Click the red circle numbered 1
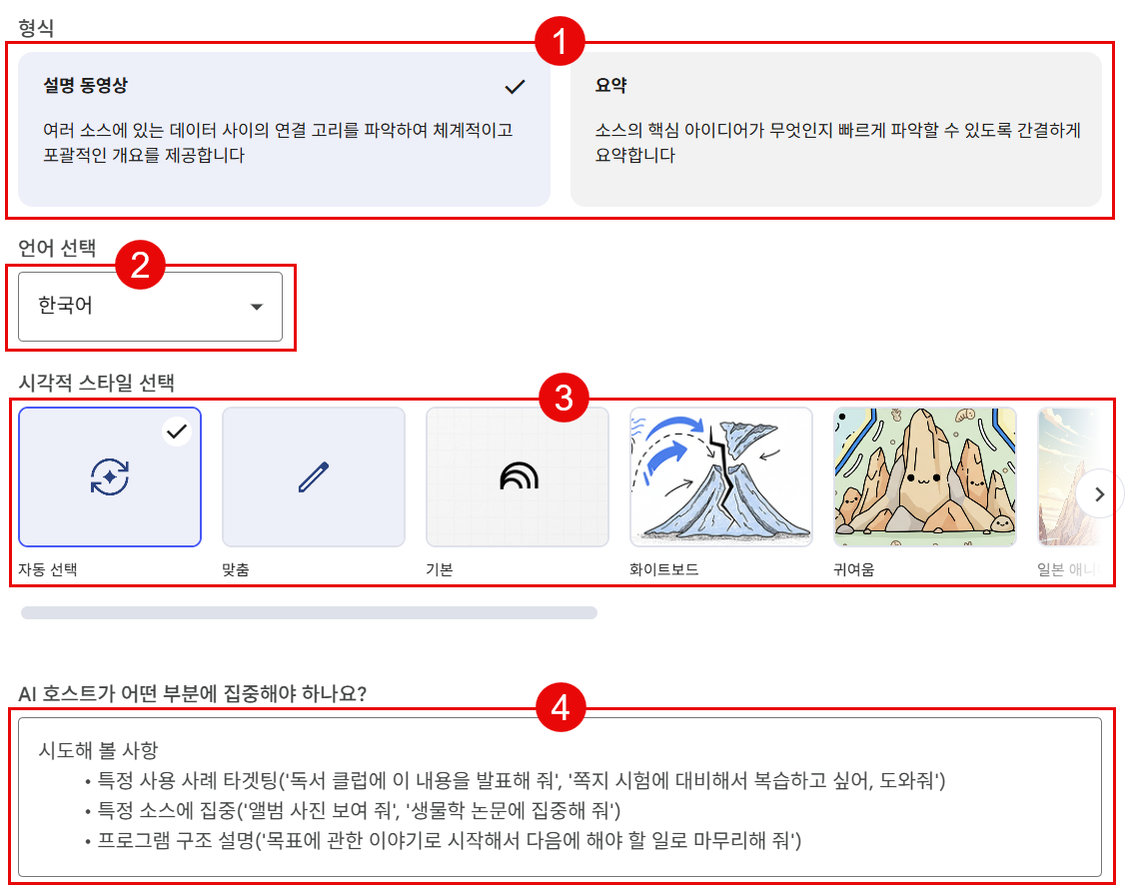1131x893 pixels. [x=560, y=41]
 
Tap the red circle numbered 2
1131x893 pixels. [x=141, y=264]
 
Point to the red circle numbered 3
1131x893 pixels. [x=565, y=398]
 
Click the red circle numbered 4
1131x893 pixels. [x=562, y=707]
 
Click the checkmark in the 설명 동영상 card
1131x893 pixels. [x=515, y=87]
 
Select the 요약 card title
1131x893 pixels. [x=610, y=85]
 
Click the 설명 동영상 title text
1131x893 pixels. [x=85, y=85]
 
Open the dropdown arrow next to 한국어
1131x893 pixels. [x=256, y=307]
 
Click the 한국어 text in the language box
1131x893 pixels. [x=65, y=305]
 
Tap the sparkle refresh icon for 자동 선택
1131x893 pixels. [x=110, y=476]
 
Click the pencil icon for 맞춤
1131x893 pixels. [x=314, y=476]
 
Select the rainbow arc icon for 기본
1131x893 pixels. [x=519, y=476]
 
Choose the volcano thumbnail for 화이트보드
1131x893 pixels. [x=721, y=476]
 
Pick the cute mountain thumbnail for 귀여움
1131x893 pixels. [x=925, y=476]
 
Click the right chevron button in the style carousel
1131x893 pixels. [x=1099, y=494]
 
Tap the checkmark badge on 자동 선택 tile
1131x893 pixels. [x=177, y=432]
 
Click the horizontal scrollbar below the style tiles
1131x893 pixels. [x=309, y=612]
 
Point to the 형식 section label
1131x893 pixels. [x=36, y=27]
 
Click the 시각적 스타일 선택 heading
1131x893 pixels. [x=96, y=382]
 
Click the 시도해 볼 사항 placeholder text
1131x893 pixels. [x=98, y=750]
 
